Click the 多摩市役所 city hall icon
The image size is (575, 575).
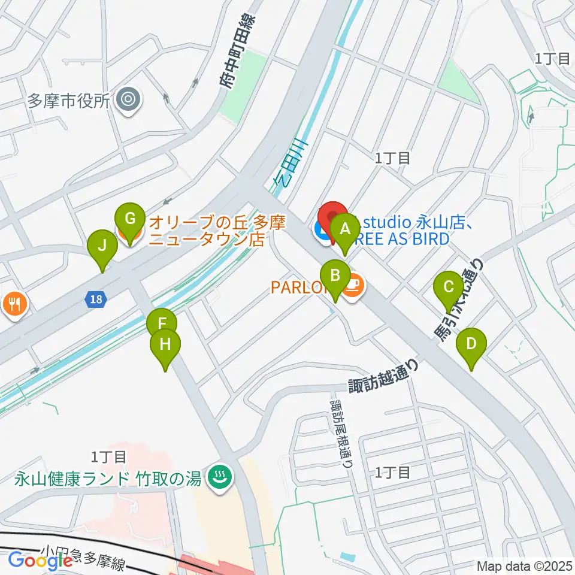click(x=128, y=99)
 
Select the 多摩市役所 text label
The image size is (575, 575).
click(x=68, y=100)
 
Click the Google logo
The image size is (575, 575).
click(x=40, y=561)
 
